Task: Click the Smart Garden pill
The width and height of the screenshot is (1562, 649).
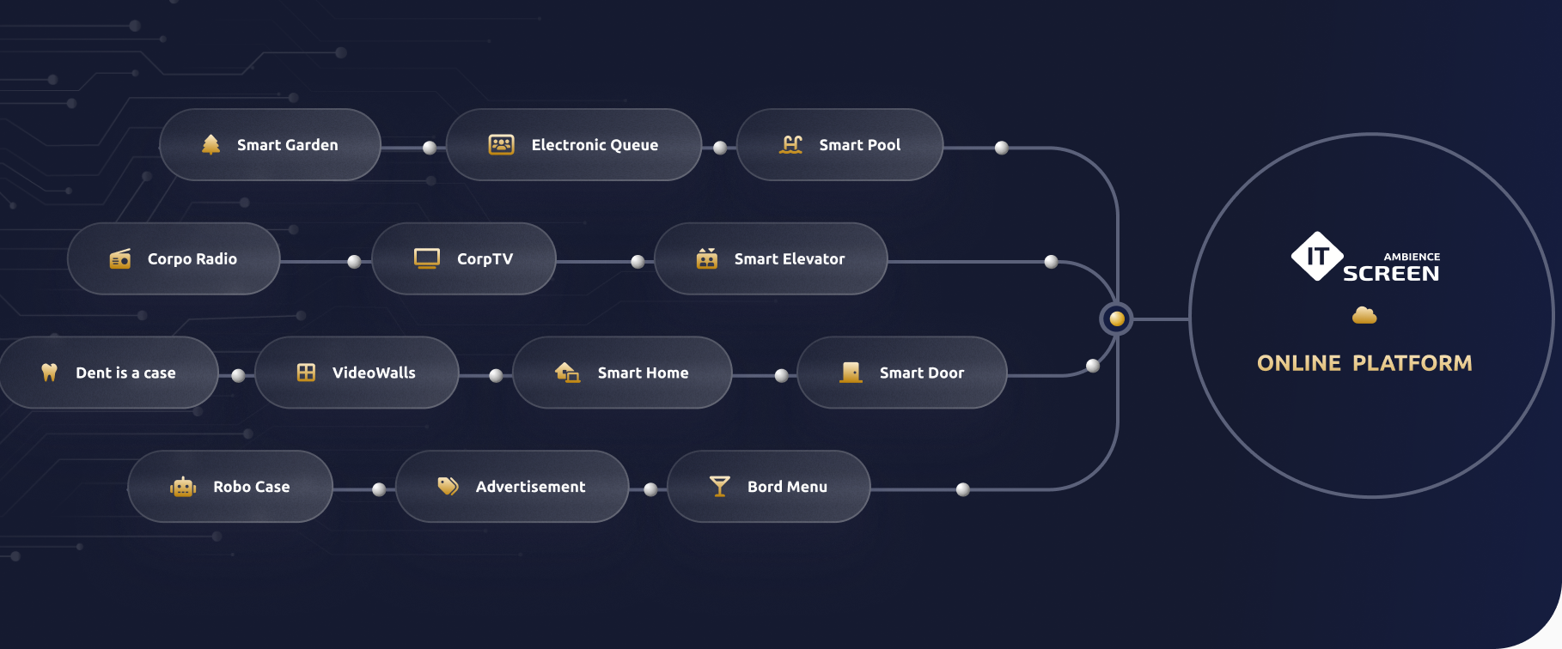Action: click(270, 145)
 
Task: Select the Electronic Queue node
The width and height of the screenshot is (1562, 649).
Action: click(573, 145)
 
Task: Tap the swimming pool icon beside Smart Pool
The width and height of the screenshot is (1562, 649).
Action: click(791, 144)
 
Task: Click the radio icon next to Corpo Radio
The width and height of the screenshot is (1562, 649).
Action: click(120, 258)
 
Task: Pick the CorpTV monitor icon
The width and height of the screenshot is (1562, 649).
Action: click(427, 258)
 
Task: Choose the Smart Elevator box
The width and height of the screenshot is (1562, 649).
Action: click(770, 258)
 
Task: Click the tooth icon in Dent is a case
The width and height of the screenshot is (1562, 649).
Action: click(49, 373)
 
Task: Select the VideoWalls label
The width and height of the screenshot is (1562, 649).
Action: click(374, 373)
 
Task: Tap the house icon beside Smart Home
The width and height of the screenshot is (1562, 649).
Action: click(567, 373)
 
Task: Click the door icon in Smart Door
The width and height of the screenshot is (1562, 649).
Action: click(851, 373)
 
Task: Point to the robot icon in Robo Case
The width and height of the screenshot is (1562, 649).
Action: click(183, 487)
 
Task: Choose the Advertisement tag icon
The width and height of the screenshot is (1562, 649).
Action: click(448, 487)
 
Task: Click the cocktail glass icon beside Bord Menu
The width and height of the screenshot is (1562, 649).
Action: click(720, 487)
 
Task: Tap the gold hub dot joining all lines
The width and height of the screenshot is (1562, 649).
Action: click(1117, 319)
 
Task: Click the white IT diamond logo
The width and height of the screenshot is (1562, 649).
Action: click(1317, 256)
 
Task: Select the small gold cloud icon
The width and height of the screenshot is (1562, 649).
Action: click(1364, 316)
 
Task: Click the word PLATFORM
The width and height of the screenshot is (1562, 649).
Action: click(1412, 363)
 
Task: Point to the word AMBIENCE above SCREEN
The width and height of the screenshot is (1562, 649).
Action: click(1412, 257)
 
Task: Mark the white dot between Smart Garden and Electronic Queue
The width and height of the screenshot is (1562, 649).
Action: click(430, 148)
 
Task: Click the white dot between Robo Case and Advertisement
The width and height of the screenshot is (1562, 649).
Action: click(379, 489)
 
